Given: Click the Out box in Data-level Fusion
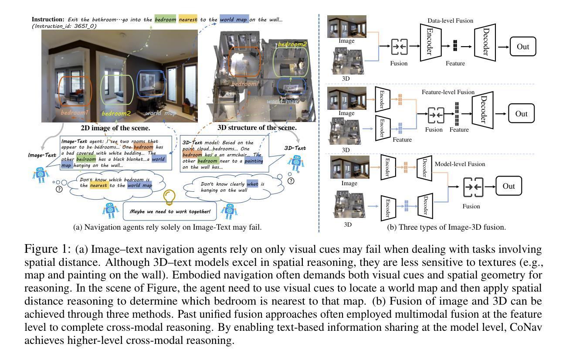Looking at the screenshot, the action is (523, 47).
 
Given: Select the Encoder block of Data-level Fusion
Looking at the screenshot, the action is (430, 42).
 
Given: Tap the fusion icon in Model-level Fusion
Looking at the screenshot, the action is (473, 187).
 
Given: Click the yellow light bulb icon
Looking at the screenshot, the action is (169, 197).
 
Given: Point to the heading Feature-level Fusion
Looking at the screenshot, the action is (448, 92).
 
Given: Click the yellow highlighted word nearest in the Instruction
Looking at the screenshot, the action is (188, 20).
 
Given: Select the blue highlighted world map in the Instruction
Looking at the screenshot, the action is (234, 20).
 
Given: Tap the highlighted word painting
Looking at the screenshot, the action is (254, 161).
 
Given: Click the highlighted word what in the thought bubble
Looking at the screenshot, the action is (252, 184).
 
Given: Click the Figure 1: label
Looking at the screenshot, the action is (47, 249).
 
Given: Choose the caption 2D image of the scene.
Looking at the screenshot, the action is (115, 128).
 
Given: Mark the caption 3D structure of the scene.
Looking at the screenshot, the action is (257, 127).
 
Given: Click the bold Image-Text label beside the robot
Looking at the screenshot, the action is (42, 155).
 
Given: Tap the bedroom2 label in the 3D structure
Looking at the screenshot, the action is (292, 44).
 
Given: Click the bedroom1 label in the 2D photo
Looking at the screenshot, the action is (75, 112).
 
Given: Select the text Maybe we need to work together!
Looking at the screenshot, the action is (170, 211).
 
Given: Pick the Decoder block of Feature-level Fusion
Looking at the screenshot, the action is (483, 110).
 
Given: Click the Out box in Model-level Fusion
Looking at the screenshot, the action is (508, 186).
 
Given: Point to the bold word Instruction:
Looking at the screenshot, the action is (48, 19).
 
